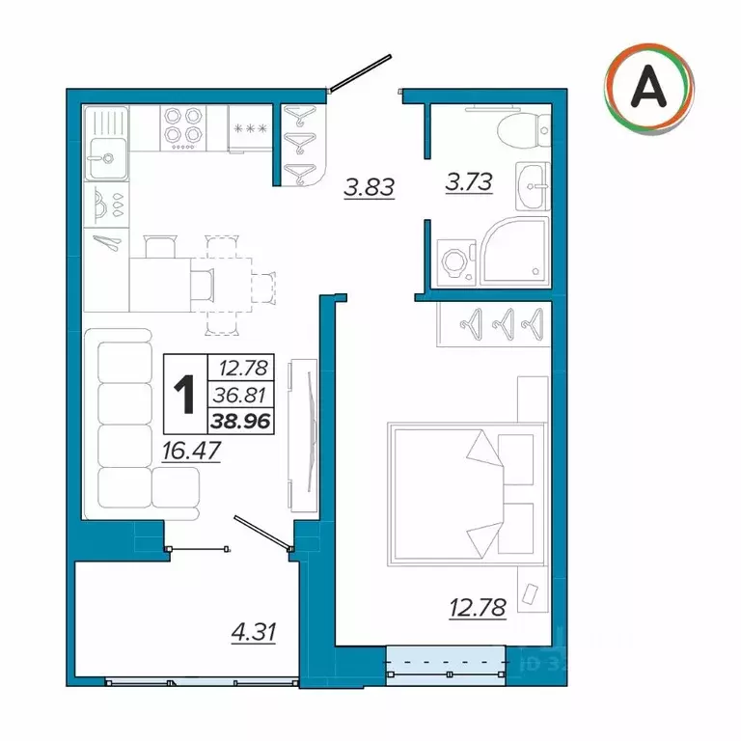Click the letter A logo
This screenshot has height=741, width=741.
click(x=647, y=90)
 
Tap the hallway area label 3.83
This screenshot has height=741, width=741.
click(x=370, y=187)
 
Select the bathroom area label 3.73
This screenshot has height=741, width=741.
click(x=468, y=180)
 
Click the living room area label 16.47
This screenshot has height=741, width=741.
click(x=191, y=451)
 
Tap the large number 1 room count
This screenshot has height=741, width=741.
click(x=183, y=394)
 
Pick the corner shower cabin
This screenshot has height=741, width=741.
click(x=515, y=251)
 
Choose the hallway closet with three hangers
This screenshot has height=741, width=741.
click(x=304, y=146)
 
